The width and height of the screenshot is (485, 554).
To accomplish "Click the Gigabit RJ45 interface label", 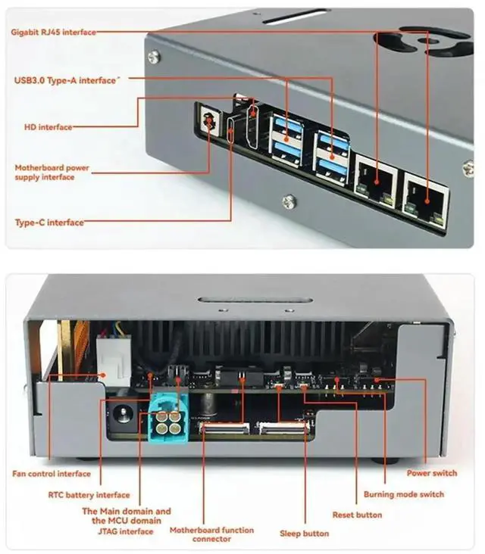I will tap(54, 33).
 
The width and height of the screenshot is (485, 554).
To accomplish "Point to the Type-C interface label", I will tap(49, 223).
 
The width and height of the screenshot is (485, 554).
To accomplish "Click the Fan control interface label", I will tap(52, 475).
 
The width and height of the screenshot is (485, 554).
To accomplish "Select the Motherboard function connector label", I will tap(202, 534).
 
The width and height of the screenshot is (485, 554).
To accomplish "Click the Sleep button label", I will tap(305, 534).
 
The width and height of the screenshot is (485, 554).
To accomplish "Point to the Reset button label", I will tap(357, 515).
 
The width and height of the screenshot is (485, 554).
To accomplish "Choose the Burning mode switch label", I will tap(403, 494).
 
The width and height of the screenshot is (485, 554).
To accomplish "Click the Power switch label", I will tap(432, 474).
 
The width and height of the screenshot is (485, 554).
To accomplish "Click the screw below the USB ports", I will tap(289, 201).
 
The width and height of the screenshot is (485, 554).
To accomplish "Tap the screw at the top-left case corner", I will tap(154, 54).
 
